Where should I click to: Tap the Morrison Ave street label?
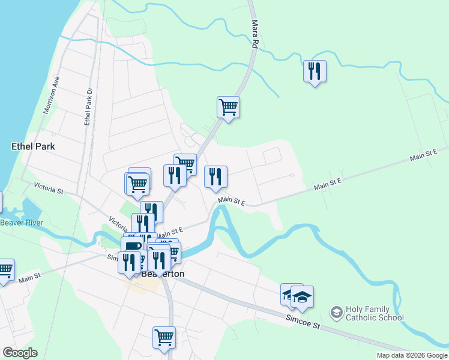52,95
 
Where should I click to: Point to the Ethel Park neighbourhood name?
33,146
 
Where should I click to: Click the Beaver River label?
22,223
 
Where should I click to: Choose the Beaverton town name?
163,274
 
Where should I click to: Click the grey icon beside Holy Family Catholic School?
336,313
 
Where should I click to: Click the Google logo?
20,353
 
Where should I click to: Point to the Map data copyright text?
412,355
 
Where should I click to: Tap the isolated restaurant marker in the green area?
315,71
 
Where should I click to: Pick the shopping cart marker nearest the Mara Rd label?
228,107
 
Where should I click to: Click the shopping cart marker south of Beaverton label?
164,337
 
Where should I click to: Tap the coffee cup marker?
132,246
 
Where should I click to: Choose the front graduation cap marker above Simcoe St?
303,296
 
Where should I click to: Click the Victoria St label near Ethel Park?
49,188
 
